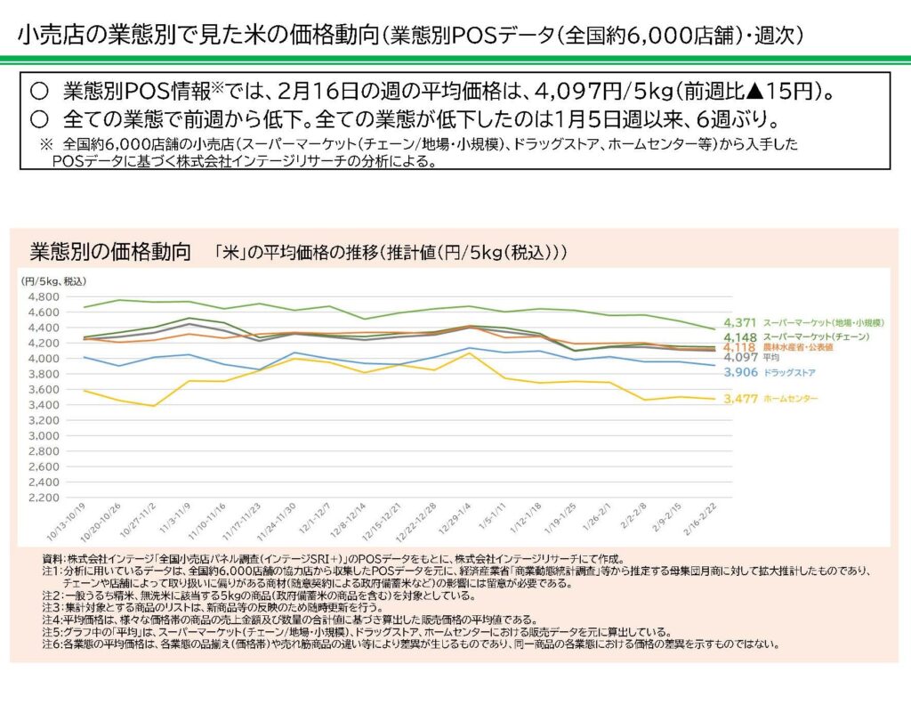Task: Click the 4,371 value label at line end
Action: click(740, 321)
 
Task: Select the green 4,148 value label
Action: click(740, 337)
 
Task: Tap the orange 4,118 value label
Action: click(740, 347)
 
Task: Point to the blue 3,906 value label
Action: click(740, 372)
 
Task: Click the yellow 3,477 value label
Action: click(740, 399)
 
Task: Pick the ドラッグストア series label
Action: click(789, 373)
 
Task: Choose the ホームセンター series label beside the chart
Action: click(792, 399)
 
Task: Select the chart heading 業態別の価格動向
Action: click(110, 251)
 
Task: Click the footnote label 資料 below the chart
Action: click(52, 558)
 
